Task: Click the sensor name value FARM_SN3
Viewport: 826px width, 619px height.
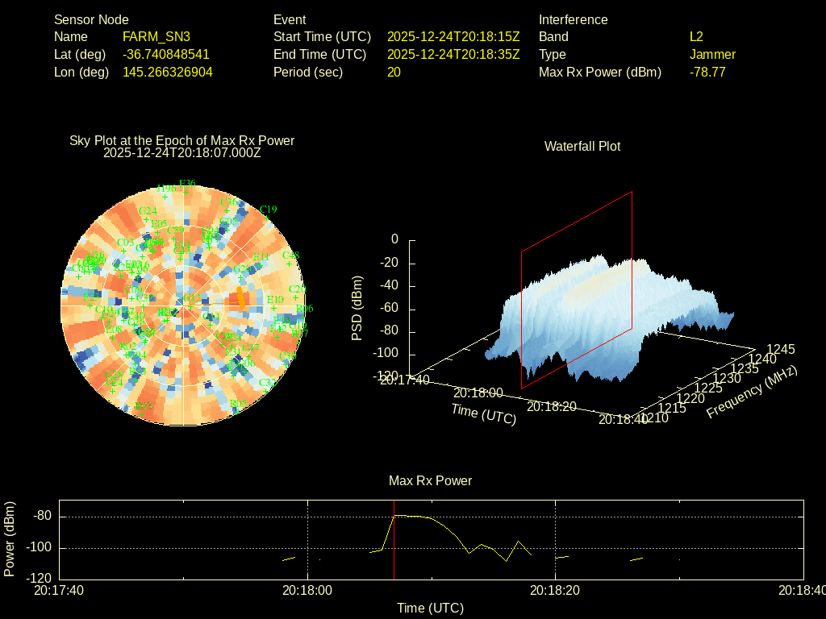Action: (x=156, y=36)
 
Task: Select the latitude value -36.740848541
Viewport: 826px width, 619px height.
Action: (x=166, y=54)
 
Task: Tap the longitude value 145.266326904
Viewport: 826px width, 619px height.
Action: (x=168, y=72)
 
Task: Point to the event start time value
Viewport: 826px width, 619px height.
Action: (x=453, y=36)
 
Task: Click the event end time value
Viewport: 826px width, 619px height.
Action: (x=453, y=54)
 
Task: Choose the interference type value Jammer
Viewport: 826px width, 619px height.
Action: (x=712, y=54)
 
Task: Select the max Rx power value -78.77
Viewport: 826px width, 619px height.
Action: (x=707, y=72)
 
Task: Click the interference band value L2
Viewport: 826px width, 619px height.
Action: (x=696, y=36)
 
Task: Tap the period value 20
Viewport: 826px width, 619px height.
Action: (x=394, y=72)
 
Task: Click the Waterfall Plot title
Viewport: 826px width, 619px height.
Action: (x=582, y=146)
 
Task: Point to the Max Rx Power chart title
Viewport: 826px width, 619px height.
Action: (x=430, y=480)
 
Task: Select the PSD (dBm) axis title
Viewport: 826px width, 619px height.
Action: (x=357, y=308)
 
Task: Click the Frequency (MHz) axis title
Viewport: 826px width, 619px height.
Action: (x=752, y=392)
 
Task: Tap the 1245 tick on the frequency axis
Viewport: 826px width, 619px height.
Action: (x=780, y=349)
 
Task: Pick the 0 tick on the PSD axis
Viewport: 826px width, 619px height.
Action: (x=394, y=239)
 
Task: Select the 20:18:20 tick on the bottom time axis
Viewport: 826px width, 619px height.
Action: (x=556, y=590)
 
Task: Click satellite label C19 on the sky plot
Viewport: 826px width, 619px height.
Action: (x=268, y=210)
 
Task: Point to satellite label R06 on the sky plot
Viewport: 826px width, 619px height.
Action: (x=305, y=309)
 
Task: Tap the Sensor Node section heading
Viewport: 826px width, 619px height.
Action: (x=91, y=19)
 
